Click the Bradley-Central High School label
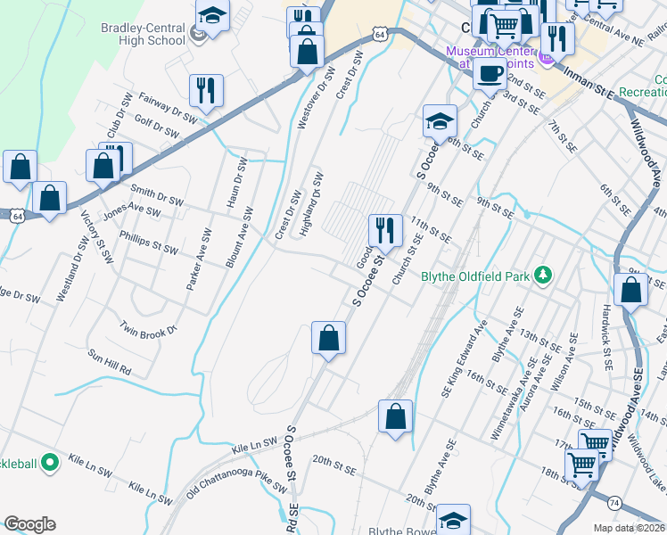tap(143, 35)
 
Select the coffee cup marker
tap(489, 74)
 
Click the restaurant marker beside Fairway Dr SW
tap(206, 90)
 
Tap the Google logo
tap(29, 523)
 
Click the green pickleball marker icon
tap(51, 462)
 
